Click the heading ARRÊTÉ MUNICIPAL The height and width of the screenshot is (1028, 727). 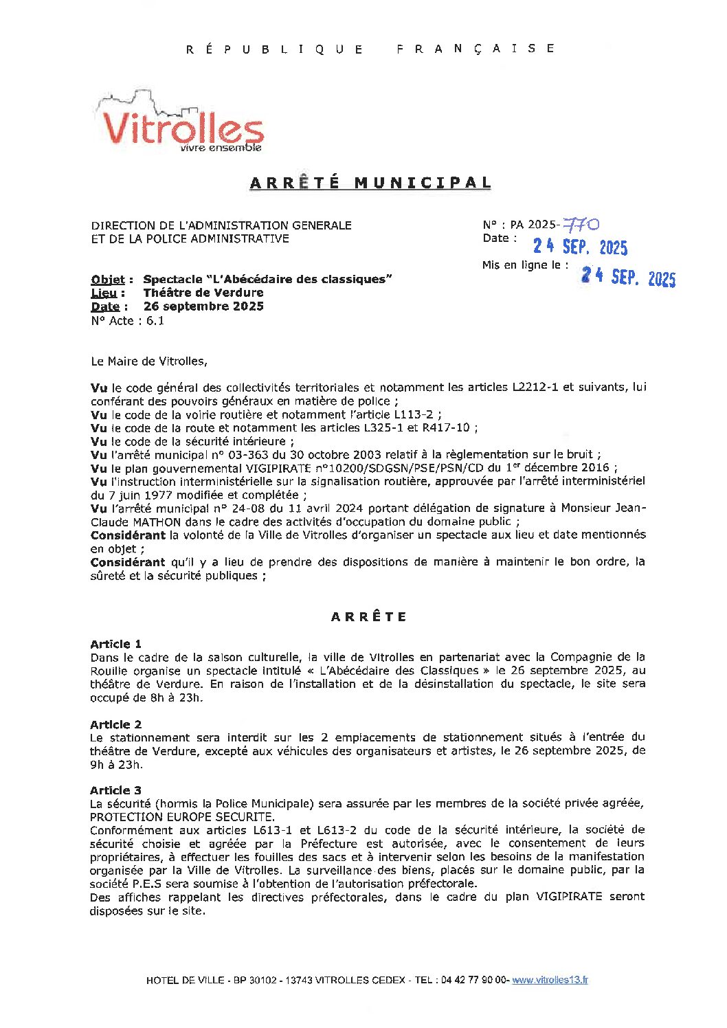370,183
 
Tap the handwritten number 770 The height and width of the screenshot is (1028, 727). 581,224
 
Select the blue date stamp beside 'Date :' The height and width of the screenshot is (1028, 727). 580,247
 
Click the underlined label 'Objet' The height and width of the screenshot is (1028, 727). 108,279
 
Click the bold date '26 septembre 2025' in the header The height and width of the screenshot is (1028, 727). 203,306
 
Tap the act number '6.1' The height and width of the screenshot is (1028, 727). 155,320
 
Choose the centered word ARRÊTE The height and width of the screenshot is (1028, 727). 369,616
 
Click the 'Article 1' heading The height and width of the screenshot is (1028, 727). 115,644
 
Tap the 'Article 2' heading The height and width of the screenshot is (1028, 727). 115,724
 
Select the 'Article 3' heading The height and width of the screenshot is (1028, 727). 115,790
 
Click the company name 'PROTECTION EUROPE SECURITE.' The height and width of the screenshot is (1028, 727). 182,817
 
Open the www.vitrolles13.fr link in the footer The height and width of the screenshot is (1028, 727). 550,980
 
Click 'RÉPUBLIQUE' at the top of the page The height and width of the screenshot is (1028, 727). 275,49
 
